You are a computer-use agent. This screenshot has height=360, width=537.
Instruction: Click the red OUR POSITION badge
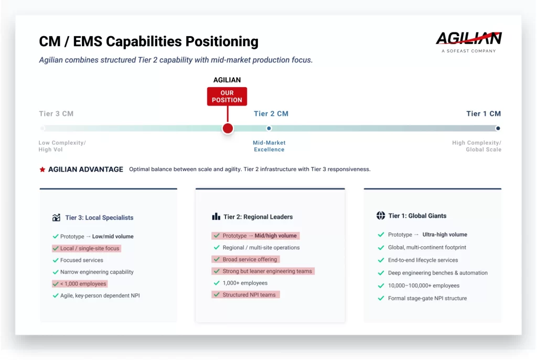coord(227,97)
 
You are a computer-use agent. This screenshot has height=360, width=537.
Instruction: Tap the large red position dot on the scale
coord(228,129)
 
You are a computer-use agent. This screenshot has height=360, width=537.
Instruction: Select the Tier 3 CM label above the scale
coord(56,114)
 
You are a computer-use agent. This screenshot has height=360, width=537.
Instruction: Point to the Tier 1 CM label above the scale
coord(484,114)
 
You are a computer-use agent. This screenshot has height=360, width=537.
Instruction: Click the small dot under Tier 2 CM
coord(269,128)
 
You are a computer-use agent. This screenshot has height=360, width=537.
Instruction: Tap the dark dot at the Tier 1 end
coord(498,128)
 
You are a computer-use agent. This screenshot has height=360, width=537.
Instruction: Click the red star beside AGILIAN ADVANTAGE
coord(42,170)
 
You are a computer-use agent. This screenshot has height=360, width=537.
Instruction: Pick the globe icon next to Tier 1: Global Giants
coord(381,216)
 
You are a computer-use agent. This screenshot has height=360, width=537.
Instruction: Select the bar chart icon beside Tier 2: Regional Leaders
coord(216,217)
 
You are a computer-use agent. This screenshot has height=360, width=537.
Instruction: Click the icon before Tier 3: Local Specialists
coord(56,218)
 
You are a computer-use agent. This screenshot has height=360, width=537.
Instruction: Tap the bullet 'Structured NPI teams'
coord(249,295)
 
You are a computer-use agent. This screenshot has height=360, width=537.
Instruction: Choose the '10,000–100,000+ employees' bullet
coord(423,286)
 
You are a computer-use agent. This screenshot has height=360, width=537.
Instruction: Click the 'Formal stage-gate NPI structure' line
coord(427,299)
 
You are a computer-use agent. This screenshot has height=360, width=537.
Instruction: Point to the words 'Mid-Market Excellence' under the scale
coord(269,146)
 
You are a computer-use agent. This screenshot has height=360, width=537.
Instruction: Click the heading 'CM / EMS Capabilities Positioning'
coord(148,41)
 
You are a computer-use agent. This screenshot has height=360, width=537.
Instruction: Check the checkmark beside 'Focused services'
coord(56,260)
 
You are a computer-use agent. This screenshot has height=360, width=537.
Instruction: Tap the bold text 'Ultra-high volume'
coord(445,235)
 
